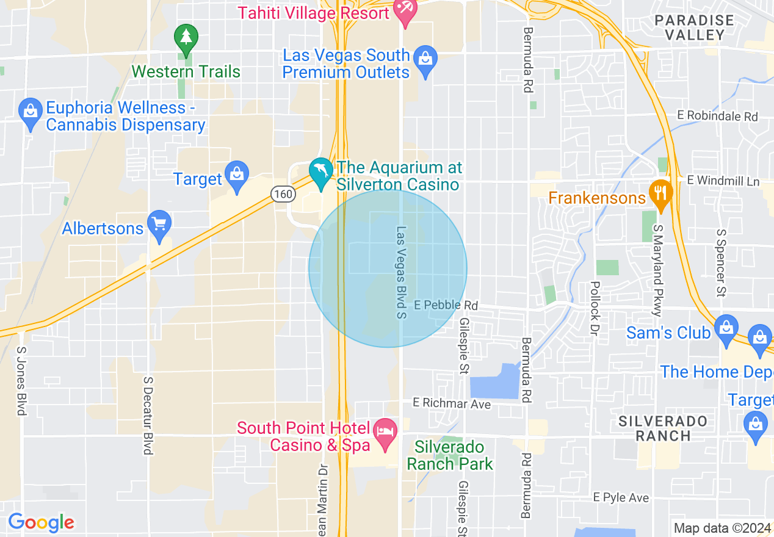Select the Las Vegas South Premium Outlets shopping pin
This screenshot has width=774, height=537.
[425, 60]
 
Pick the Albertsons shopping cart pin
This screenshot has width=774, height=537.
[159, 225]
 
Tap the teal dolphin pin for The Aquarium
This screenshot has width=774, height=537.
[320, 172]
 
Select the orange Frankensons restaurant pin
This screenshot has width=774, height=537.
[660, 193]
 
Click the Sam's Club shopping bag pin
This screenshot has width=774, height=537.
[726, 328]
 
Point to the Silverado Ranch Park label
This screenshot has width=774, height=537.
[450, 456]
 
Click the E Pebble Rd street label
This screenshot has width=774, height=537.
[446, 305]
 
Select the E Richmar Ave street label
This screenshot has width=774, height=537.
[452, 403]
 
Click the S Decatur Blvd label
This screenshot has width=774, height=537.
[148, 415]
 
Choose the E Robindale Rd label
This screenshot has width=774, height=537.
[717, 116]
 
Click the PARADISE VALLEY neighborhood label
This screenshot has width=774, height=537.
[694, 27]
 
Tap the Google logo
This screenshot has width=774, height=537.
[41, 522]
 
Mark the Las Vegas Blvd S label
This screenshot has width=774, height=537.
[401, 272]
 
